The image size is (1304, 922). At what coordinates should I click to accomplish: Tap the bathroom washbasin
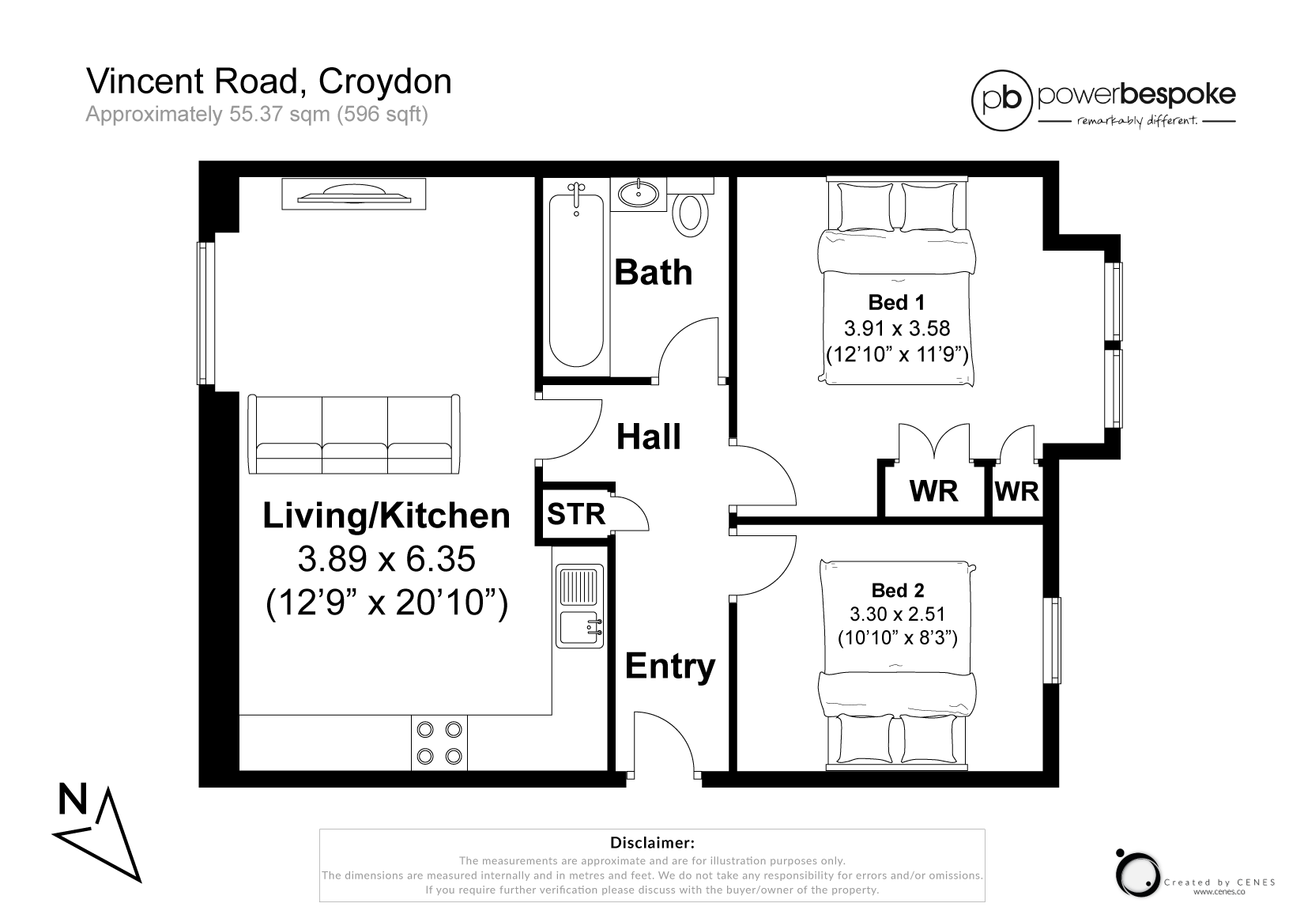point(639,194)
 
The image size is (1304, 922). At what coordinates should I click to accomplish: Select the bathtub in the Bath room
point(576,280)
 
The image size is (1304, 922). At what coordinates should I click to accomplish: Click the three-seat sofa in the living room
point(354,434)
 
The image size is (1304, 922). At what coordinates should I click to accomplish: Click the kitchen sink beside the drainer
point(579,627)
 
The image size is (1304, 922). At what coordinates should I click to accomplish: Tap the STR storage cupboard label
point(576,514)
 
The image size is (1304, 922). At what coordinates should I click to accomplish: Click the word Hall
point(649,436)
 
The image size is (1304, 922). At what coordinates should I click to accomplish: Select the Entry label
point(670,666)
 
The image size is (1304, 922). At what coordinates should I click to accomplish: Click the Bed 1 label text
point(896,302)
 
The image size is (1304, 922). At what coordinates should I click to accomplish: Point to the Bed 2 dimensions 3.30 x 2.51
point(897,614)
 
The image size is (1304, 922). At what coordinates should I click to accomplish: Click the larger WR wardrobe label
point(934,491)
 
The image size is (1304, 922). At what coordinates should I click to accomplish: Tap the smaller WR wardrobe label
point(1017,492)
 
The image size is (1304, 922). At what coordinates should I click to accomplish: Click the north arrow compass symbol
point(97,832)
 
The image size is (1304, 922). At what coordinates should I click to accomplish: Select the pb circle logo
point(1002,100)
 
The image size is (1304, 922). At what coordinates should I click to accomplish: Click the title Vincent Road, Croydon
point(269,81)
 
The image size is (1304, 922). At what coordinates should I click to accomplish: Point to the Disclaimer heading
point(652,843)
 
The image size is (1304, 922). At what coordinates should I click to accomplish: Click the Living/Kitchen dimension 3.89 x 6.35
point(386,558)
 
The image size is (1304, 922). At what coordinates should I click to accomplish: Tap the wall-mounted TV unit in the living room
point(354,194)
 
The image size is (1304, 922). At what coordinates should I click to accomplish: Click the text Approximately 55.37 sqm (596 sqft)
point(257,114)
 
